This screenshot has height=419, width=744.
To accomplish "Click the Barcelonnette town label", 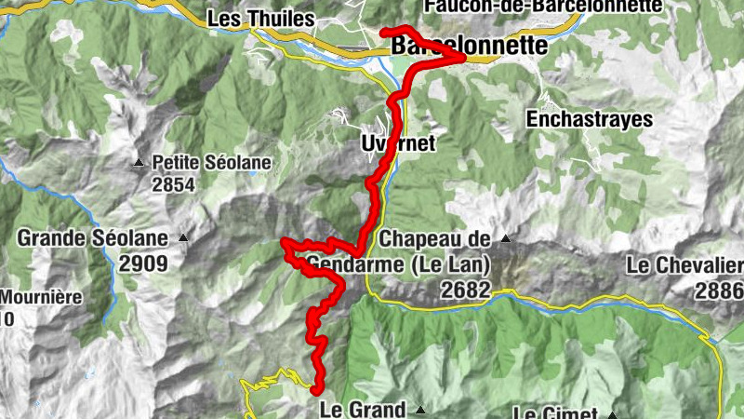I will [x=470, y=45].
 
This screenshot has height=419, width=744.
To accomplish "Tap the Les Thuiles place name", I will [x=250, y=18].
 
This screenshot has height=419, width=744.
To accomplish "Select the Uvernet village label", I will [x=398, y=143].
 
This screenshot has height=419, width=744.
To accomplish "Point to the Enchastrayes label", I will [x=589, y=119].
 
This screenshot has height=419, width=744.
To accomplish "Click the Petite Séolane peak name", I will [x=212, y=163].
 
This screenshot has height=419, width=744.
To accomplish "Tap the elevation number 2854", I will [x=175, y=184].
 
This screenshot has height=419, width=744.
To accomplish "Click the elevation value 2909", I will [x=143, y=264].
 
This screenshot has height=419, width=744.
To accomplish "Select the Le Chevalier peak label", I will [x=684, y=266].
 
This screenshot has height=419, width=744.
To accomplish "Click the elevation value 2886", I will [x=719, y=291].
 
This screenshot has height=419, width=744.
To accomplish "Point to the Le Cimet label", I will [x=556, y=412].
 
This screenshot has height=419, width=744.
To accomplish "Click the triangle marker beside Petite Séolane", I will [x=139, y=163].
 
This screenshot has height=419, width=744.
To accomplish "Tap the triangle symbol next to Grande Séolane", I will [x=183, y=238].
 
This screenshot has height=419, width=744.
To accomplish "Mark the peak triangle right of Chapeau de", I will [x=507, y=239].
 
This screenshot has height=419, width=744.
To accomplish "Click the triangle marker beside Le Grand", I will [x=420, y=410].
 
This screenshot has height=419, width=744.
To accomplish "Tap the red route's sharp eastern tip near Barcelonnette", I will [x=461, y=58].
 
